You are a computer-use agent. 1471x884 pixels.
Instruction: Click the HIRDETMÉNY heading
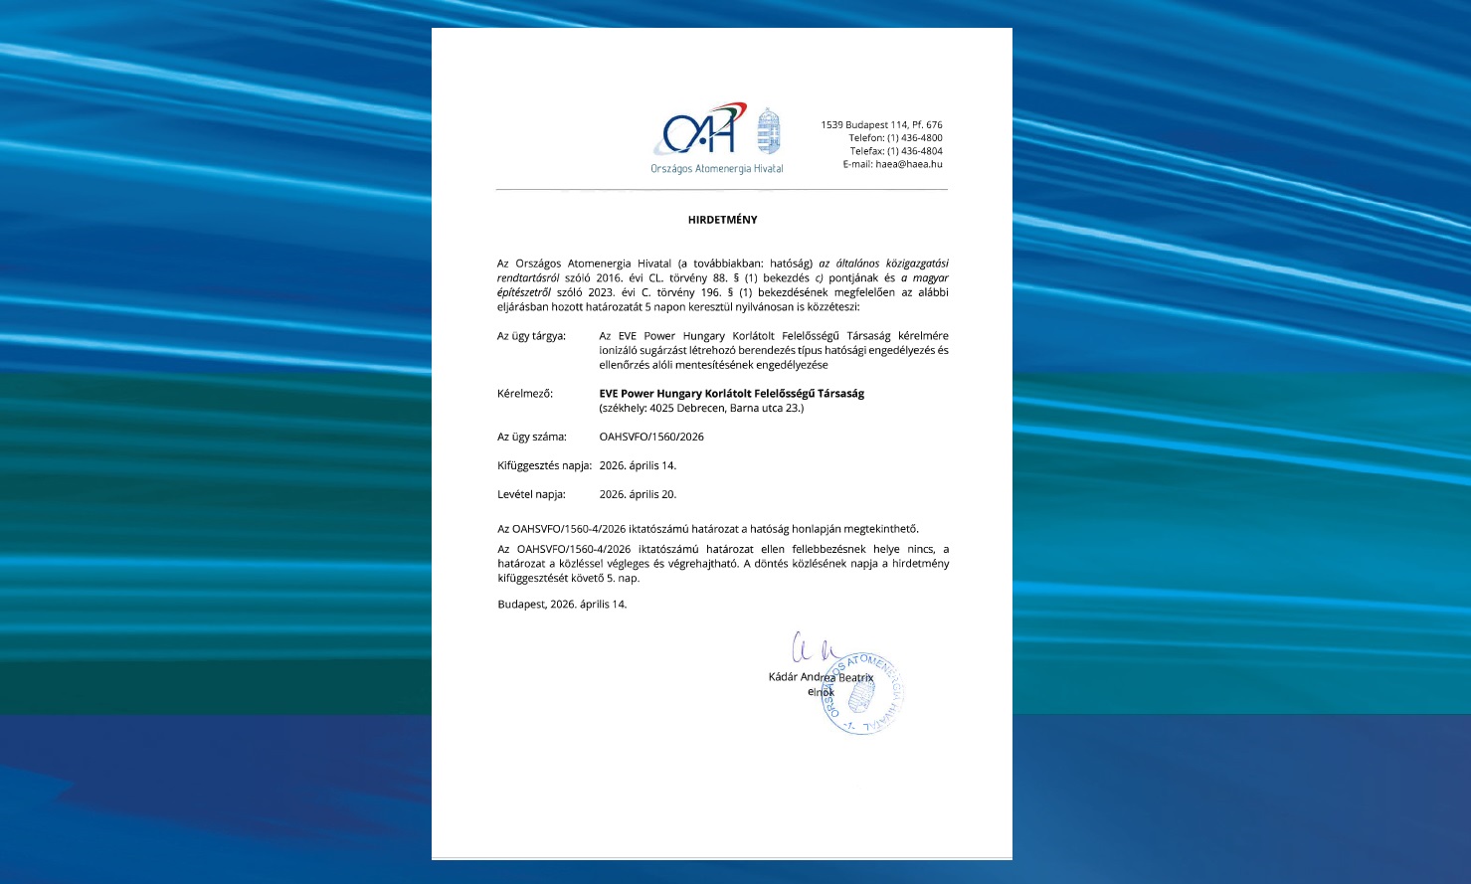tap(722, 220)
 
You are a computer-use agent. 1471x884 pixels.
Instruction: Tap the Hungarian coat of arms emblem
tap(769, 131)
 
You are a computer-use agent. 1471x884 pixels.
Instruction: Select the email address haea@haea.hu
tap(908, 164)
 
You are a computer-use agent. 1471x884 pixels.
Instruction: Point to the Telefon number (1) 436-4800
tap(914, 138)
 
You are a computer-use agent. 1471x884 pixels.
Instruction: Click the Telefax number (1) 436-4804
tap(914, 151)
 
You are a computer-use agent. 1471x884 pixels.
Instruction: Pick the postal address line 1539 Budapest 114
tap(881, 125)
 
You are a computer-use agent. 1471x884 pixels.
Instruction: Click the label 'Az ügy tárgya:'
tap(531, 336)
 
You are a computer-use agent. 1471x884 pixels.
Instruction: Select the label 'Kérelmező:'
tap(525, 394)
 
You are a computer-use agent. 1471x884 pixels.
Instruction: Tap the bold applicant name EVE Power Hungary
tap(731, 394)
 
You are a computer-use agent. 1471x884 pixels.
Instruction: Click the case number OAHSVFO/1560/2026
tap(651, 437)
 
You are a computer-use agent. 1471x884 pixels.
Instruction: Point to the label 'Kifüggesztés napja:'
tap(544, 465)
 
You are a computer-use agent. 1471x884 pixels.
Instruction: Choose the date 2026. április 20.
tap(638, 494)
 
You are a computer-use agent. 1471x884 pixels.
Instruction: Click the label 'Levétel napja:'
tap(531, 494)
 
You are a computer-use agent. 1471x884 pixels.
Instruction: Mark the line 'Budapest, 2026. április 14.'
tap(562, 605)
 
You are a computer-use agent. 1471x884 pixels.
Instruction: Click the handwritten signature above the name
tap(815, 648)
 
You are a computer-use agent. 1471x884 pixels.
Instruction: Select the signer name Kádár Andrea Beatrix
tap(821, 677)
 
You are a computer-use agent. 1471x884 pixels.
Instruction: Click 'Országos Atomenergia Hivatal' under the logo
tap(716, 169)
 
